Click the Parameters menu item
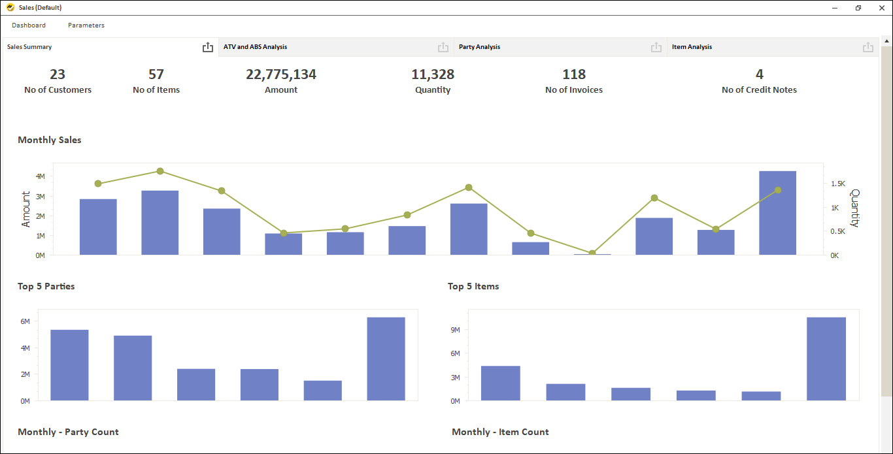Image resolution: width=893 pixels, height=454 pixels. pyautogui.click(x=86, y=25)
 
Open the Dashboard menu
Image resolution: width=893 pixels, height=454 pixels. pyautogui.click(x=29, y=25)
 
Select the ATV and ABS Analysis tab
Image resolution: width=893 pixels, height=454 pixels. pyautogui.click(x=255, y=47)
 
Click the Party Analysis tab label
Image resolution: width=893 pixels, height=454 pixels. pyautogui.click(x=479, y=47)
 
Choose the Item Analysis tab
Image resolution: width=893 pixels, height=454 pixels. pyautogui.click(x=692, y=47)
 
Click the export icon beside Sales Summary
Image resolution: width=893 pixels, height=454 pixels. pyautogui.click(x=208, y=47)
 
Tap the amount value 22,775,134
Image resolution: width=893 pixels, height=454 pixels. pyautogui.click(x=281, y=74)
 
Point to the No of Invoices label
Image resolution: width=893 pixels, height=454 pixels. pyautogui.click(x=574, y=90)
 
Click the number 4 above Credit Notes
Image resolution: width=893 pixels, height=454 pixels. pyautogui.click(x=759, y=74)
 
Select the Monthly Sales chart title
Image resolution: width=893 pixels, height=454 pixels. pyautogui.click(x=50, y=140)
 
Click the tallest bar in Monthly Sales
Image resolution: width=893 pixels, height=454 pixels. pyautogui.click(x=777, y=213)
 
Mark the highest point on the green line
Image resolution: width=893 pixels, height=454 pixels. pyautogui.click(x=160, y=171)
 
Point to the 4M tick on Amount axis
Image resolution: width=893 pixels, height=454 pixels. pyautogui.click(x=40, y=176)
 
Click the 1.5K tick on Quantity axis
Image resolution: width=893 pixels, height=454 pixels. pyautogui.click(x=837, y=184)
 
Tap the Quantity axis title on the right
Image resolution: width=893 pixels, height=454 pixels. pyautogui.click(x=854, y=208)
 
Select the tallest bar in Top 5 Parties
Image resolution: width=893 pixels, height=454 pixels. pyautogui.click(x=386, y=359)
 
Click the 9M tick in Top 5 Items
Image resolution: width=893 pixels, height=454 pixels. pyautogui.click(x=456, y=330)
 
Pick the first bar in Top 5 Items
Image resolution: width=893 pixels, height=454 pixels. pyautogui.click(x=501, y=383)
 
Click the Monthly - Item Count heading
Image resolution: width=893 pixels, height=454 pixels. pyautogui.click(x=500, y=432)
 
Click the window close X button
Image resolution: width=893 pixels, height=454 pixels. pyautogui.click(x=881, y=8)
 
